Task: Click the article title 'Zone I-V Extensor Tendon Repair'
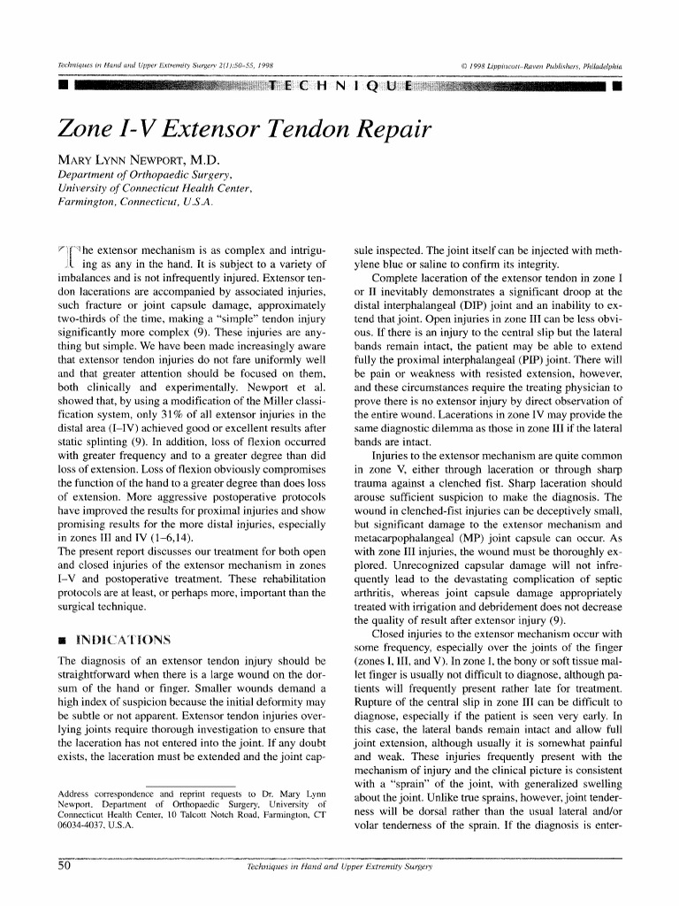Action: click(x=244, y=129)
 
